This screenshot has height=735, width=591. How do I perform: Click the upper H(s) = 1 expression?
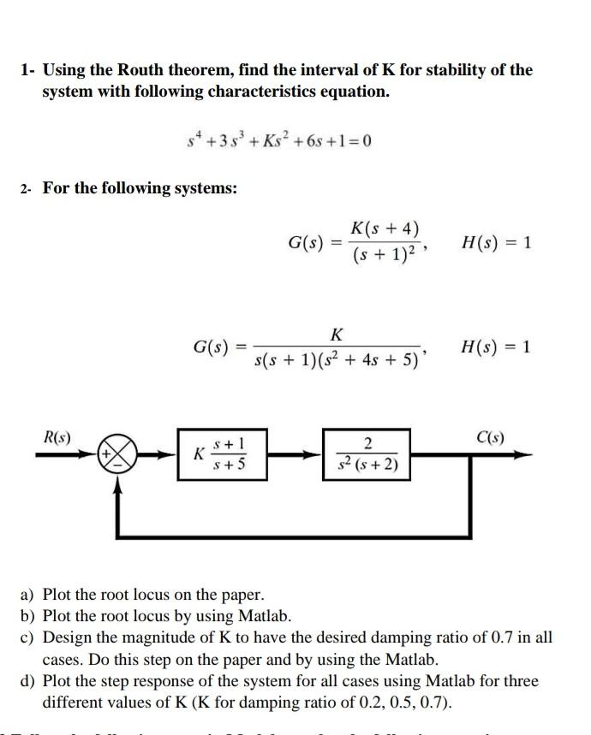[496, 242]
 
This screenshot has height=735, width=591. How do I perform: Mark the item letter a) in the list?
[27, 594]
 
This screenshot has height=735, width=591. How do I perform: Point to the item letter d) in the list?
[27, 681]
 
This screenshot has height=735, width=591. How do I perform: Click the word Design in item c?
[66, 637]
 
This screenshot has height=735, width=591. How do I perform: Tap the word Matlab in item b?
[266, 615]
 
